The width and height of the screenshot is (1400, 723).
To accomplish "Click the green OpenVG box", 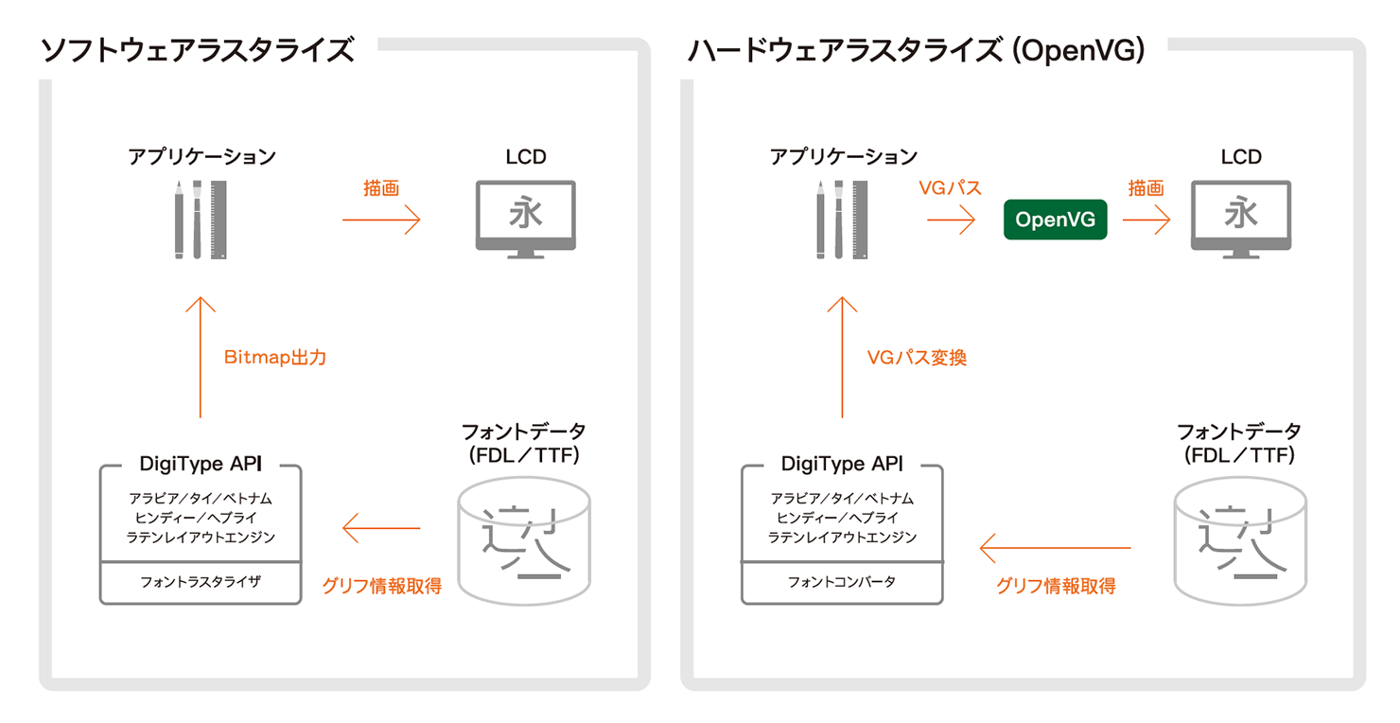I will click(x=1055, y=220).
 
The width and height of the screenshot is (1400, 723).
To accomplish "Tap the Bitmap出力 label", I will click(x=275, y=358).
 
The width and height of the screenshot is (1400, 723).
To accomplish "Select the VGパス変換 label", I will click(x=917, y=358).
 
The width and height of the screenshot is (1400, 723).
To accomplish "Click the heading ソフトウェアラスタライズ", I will click(x=198, y=50).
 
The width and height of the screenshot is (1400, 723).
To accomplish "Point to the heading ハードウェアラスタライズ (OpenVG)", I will click(x=916, y=50).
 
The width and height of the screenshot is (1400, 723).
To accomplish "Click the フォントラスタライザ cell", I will click(x=201, y=582).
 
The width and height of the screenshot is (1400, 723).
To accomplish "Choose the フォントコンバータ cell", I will click(x=842, y=582).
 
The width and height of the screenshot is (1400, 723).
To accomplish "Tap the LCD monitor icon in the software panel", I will click(x=525, y=219).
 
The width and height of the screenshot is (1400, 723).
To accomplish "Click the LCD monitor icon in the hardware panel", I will click(x=1240, y=219).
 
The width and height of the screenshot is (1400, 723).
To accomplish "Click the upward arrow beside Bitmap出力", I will click(x=201, y=356).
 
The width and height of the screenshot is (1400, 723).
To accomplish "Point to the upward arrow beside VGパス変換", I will click(x=842, y=356).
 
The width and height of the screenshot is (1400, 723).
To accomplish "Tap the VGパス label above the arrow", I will click(x=950, y=188).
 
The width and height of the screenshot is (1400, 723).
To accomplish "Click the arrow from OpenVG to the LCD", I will click(x=1146, y=220).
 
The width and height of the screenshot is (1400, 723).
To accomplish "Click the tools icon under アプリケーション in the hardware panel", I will click(x=841, y=219).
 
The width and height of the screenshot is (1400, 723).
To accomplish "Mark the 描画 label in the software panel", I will click(x=381, y=188).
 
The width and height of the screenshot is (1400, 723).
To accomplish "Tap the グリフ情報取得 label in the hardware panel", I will click(x=1056, y=586).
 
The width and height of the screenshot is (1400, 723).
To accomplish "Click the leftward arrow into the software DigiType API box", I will click(x=381, y=528).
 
